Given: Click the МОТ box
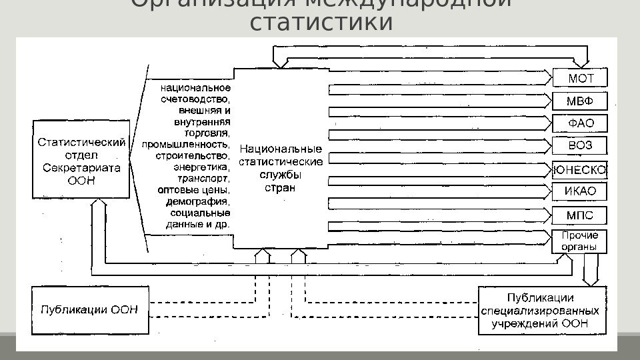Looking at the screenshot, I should (x=580, y=78).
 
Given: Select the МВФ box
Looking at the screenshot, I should (x=580, y=101).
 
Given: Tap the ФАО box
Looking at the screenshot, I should (x=580, y=124).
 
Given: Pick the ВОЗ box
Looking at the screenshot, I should (x=580, y=146).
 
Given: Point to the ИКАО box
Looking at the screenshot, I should (x=580, y=192).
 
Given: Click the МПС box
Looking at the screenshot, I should (x=580, y=215).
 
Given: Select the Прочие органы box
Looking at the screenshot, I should (x=580, y=241).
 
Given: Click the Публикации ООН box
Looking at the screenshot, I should (x=90, y=309).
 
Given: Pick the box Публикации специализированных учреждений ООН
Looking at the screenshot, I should (x=542, y=310).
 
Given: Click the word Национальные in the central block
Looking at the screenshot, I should (x=280, y=149).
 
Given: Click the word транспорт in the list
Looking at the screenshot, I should (x=203, y=178).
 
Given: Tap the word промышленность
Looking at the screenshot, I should (x=186, y=143).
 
